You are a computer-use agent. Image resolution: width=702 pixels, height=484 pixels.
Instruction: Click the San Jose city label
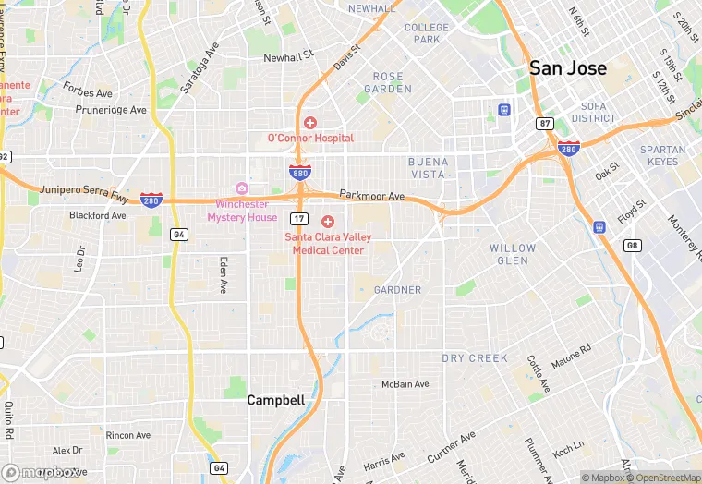click(x=567, y=68)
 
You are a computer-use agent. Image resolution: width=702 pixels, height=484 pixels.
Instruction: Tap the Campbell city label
click(x=275, y=400)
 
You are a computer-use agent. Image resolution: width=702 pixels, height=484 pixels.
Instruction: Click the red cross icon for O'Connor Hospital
click(x=310, y=123)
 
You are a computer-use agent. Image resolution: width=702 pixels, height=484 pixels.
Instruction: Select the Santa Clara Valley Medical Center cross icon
click(x=328, y=222)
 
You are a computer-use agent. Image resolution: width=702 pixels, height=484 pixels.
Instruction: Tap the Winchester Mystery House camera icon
click(x=242, y=188)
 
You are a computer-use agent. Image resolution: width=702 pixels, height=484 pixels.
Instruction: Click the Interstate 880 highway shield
click(x=299, y=173)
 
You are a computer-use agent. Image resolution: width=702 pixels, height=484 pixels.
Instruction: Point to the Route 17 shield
click(x=298, y=218)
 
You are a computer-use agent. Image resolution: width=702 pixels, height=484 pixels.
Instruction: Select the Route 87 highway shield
click(x=544, y=123)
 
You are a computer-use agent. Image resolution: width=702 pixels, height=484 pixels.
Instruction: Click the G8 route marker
click(x=633, y=245)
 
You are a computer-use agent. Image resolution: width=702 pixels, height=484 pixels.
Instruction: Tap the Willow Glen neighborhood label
click(x=513, y=255)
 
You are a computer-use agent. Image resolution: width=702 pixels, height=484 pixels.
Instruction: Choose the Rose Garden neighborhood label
click(x=388, y=82)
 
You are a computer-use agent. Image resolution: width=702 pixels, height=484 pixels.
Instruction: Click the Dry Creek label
click(x=475, y=357)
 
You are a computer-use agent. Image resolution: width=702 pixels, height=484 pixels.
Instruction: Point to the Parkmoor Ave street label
click(x=372, y=196)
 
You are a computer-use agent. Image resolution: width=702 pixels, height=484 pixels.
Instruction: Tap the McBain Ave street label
click(x=405, y=384)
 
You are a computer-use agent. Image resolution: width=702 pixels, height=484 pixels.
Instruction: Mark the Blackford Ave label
click(x=98, y=215)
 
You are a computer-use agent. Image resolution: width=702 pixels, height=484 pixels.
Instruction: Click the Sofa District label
click(x=593, y=112)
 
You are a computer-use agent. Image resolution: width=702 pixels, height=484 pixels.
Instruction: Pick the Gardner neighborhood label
click(x=397, y=290)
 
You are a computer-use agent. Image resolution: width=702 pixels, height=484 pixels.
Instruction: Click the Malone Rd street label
click(x=571, y=354)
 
